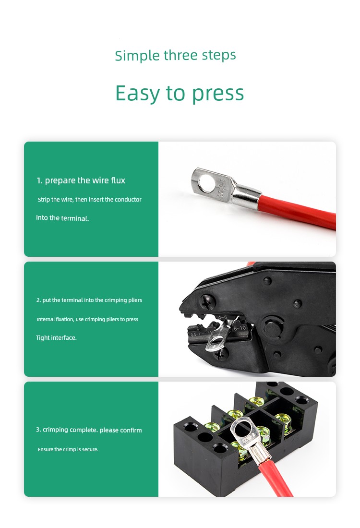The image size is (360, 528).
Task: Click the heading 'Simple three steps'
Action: tap(175, 56)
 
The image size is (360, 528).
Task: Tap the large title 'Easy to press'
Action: tap(180, 93)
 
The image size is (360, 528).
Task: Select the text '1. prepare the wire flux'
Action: tap(81, 180)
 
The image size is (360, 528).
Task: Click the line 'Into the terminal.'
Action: tap(62, 218)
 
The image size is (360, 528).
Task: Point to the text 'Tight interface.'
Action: tap(56, 338)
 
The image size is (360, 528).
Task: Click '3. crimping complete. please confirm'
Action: tap(89, 430)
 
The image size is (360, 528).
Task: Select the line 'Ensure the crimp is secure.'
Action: tap(68, 450)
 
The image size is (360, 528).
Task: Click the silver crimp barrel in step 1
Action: tap(247, 197)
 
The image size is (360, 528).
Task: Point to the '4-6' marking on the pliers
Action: tap(223, 318)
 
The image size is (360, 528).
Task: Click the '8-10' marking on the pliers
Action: tap(240, 328)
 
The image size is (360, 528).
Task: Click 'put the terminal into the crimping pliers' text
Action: tap(92, 300)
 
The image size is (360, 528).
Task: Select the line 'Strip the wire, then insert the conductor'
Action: tap(90, 200)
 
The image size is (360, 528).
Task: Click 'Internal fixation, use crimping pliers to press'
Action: tap(87, 319)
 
